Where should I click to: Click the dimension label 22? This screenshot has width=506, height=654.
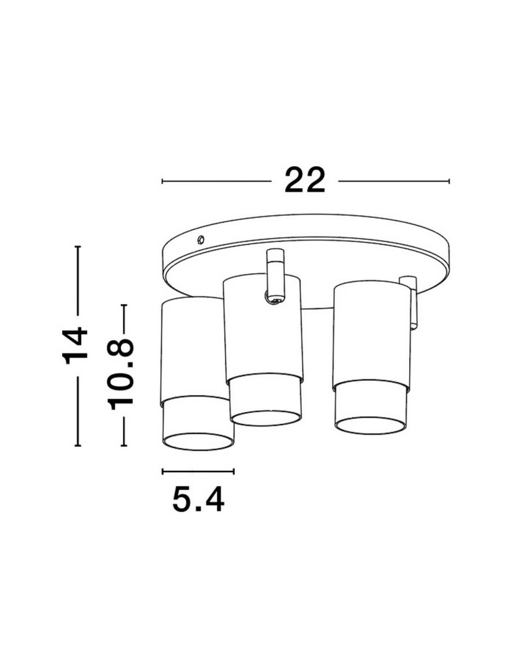[305, 181]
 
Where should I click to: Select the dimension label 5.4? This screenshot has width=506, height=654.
[198, 499]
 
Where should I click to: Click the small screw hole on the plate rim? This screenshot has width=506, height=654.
[201, 239]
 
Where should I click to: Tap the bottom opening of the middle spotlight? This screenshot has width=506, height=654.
[266, 418]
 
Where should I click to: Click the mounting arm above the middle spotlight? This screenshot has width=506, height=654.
[275, 271]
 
